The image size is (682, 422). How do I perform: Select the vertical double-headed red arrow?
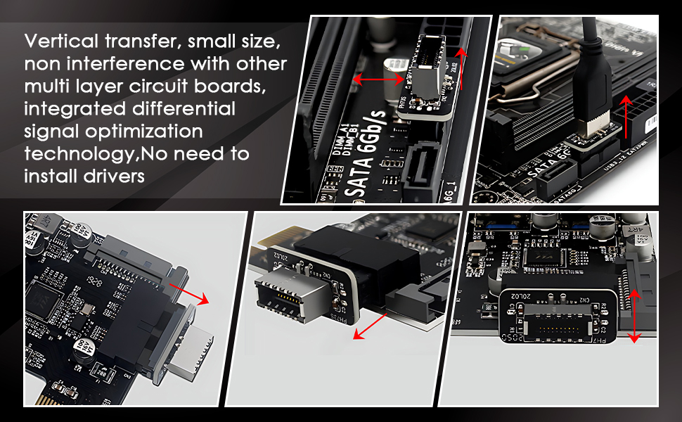[634, 318]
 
